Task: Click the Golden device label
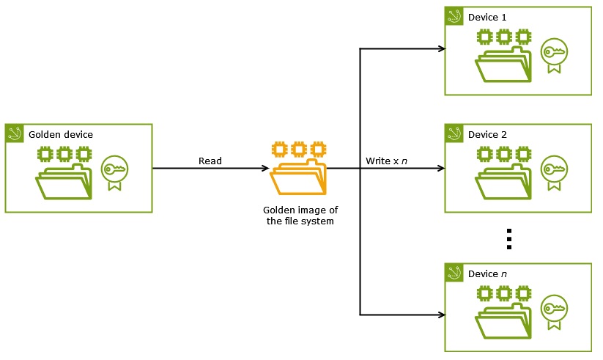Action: click(x=60, y=135)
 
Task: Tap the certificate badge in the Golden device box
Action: click(x=114, y=172)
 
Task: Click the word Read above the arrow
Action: click(x=210, y=161)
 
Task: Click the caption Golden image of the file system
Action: click(x=300, y=216)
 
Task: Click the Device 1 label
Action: click(x=487, y=17)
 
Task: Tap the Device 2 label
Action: click(x=487, y=135)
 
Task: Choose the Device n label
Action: click(x=487, y=274)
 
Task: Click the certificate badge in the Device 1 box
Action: click(x=553, y=55)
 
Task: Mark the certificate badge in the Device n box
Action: click(x=553, y=311)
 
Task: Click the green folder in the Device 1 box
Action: click(x=504, y=65)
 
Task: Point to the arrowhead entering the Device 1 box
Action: click(x=441, y=49)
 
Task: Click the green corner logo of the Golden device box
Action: click(x=15, y=133)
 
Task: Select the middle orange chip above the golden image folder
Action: click(x=298, y=149)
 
